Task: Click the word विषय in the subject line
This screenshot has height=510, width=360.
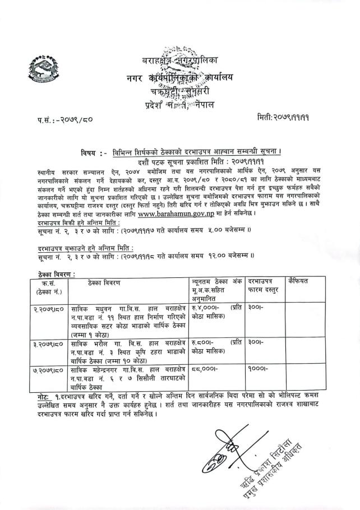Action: pyautogui.click(x=92, y=152)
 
